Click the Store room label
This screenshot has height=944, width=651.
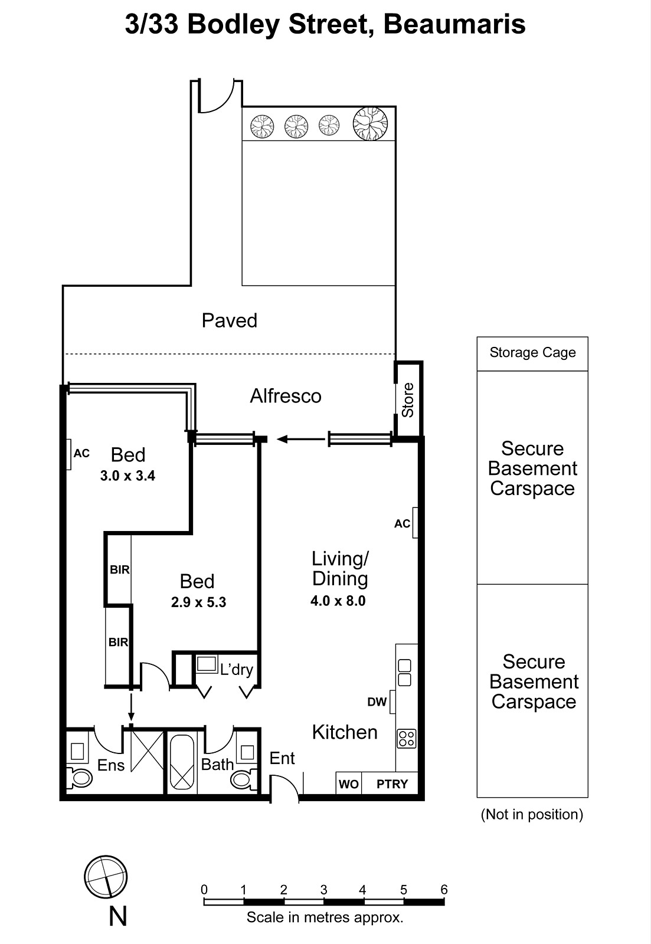coord(408,401)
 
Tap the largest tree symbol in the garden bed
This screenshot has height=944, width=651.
coord(370,123)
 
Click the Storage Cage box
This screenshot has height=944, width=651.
coord(532,353)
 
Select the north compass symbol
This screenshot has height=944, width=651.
coord(106,877)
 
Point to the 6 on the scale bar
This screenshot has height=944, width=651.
coord(444,890)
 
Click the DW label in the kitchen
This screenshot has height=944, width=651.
coord(377,702)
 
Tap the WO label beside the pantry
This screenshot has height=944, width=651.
coord(348,784)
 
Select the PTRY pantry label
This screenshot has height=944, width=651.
coord(392,784)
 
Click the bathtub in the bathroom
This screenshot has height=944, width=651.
coord(182,762)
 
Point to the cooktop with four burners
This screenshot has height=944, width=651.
coord(407,739)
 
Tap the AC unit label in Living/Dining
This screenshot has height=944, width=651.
coord(402,524)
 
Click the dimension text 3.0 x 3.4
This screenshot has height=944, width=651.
coord(127,476)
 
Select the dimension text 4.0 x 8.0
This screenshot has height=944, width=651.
coord(338,601)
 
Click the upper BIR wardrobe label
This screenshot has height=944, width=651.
coord(119,570)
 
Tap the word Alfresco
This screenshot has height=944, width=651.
coord(286,396)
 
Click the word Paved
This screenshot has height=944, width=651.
coord(230,321)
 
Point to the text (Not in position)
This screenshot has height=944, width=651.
coord(532,815)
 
